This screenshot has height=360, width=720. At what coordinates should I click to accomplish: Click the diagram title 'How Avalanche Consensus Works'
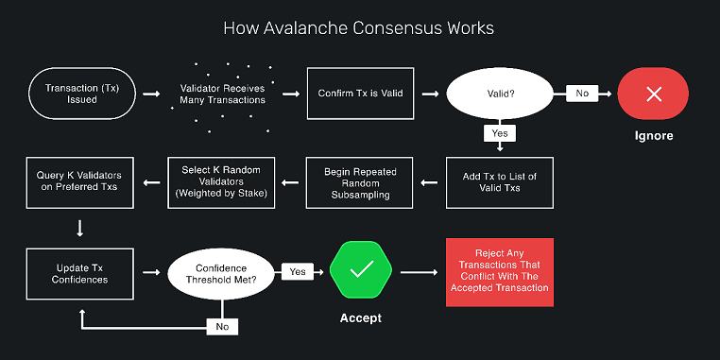click(358, 27)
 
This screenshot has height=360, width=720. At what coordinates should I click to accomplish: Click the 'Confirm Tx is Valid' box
click(361, 93)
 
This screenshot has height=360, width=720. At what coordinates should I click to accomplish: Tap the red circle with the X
click(654, 93)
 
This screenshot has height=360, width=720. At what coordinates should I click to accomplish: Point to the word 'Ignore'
click(654, 136)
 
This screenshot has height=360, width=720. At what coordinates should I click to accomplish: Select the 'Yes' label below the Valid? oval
click(500, 133)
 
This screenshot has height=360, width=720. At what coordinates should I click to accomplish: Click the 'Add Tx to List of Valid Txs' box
click(500, 182)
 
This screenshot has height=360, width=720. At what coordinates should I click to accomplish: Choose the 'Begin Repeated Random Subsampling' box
click(361, 182)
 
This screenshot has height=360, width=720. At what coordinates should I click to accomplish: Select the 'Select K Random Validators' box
click(222, 182)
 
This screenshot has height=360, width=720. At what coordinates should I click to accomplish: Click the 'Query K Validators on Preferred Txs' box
click(79, 182)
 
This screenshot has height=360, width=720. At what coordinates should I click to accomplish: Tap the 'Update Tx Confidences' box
click(79, 273)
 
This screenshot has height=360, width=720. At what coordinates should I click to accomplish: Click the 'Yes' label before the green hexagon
click(299, 272)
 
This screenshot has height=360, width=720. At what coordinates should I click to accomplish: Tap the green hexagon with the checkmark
click(361, 271)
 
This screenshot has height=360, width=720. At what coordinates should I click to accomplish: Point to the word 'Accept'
click(361, 318)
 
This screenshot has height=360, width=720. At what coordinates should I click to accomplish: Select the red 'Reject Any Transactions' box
click(500, 272)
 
